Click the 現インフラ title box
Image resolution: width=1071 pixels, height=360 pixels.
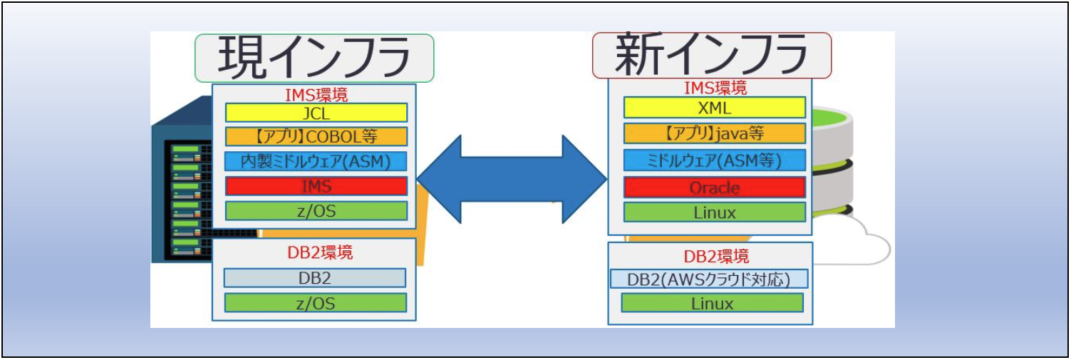pyautogui.click(x=314, y=57)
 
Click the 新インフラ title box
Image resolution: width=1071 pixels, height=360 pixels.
pyautogui.click(x=711, y=55)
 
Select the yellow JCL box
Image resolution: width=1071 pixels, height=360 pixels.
pyautogui.click(x=316, y=113)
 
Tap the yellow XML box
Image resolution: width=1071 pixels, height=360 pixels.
pyautogui.click(x=714, y=108)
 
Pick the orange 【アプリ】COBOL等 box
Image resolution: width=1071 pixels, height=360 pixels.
pyautogui.click(x=316, y=136)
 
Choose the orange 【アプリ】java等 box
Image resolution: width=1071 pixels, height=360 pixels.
pyautogui.click(x=714, y=133)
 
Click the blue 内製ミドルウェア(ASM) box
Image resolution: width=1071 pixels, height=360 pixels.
pyautogui.click(x=316, y=161)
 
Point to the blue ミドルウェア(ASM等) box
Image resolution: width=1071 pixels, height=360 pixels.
pyautogui.click(x=714, y=160)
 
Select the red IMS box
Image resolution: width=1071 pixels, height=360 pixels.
pyautogui.click(x=316, y=186)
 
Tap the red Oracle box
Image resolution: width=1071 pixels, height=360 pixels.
pyautogui.click(x=714, y=187)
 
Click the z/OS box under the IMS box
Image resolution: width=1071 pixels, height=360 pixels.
pyautogui.click(x=316, y=211)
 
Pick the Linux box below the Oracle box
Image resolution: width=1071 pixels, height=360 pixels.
pyautogui.click(x=714, y=212)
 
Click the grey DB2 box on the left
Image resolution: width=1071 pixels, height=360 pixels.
pyautogui.click(x=314, y=277)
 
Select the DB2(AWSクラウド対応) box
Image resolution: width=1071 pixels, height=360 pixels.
pyautogui.click(x=708, y=279)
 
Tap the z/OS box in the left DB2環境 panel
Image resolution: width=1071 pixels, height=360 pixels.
pyautogui.click(x=315, y=302)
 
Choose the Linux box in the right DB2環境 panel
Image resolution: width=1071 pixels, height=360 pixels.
pyautogui.click(x=712, y=303)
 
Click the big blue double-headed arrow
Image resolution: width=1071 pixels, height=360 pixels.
pyautogui.click(x=511, y=178)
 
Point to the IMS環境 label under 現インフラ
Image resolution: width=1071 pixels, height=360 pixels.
pyautogui.click(x=316, y=94)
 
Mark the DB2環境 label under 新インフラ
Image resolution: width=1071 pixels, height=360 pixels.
pyautogui.click(x=711, y=255)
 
